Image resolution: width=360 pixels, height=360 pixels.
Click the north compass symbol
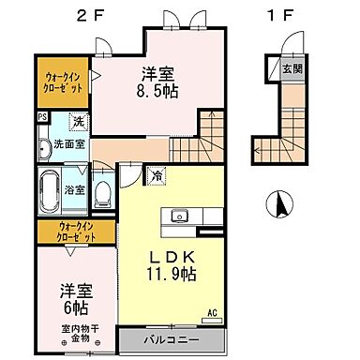click(277, 201)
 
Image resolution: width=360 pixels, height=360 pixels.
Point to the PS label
click(42, 118)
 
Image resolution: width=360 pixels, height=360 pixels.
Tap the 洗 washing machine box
click(79, 122)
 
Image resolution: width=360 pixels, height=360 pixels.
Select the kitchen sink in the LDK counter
click(178, 217)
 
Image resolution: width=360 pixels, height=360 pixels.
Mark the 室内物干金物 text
click(82, 332)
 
